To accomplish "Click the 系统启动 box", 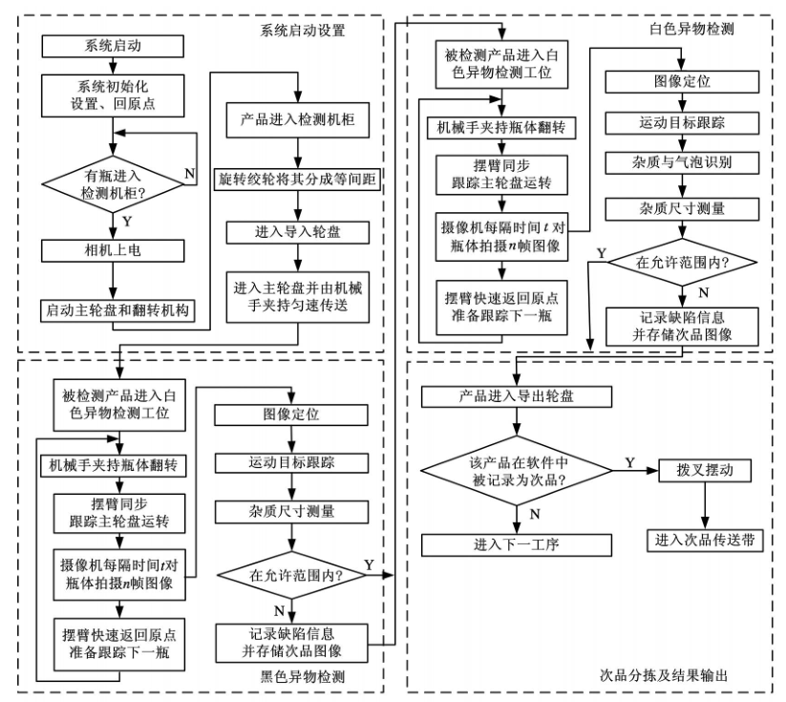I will point(112,45).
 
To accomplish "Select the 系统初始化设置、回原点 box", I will point(112,93).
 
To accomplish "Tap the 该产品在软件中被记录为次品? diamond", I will point(517,472).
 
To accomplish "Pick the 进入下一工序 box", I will point(517,544).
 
